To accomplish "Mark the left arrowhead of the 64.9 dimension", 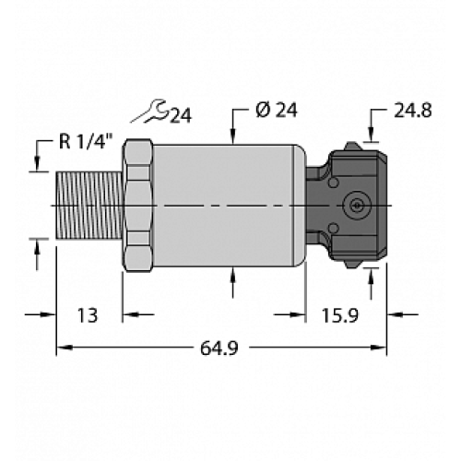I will (65, 349).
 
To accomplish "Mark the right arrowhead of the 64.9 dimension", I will (380, 349).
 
